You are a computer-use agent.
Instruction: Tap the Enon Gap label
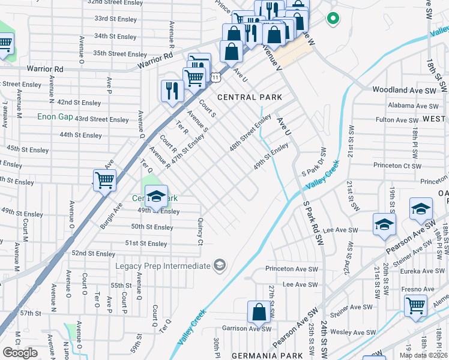pyautogui.click(x=55, y=116)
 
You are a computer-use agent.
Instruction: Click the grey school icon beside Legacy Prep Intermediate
pyautogui.click(x=220, y=265)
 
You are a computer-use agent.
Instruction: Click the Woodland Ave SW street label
pyautogui.click(x=403, y=90)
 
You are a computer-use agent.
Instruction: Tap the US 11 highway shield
pyautogui.click(x=214, y=77)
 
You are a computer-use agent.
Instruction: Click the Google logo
pyautogui.click(x=20, y=353)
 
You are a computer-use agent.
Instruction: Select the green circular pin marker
pyautogui.click(x=332, y=19)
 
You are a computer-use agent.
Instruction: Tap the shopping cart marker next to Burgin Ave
pyautogui.click(x=104, y=179)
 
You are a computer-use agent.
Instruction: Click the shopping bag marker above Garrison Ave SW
pyautogui.click(x=259, y=311)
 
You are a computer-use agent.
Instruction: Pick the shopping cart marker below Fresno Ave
pyautogui.click(x=415, y=305)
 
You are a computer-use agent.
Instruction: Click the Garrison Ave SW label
pyautogui.click(x=247, y=328)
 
